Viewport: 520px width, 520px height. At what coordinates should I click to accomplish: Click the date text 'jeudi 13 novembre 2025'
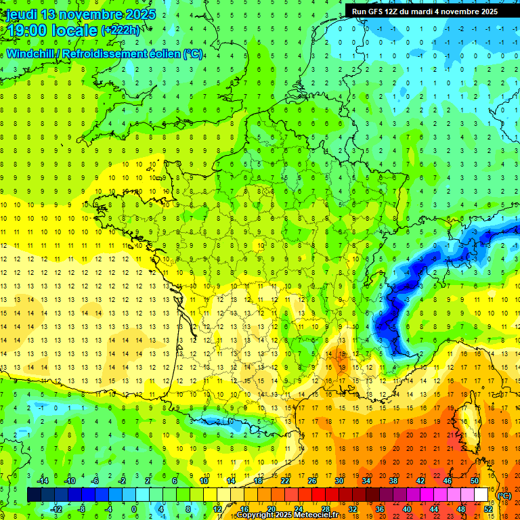[80, 14]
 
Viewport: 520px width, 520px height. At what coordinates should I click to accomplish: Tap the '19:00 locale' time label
[51, 30]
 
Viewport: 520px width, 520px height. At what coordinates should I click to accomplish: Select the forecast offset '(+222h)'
[122, 30]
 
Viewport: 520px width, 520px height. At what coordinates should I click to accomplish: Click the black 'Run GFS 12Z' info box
[425, 12]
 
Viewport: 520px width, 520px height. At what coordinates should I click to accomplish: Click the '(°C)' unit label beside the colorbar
[504, 496]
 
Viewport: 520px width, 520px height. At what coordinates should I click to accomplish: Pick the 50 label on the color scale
[474, 481]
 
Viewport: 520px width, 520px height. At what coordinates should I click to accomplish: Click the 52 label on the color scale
[487, 508]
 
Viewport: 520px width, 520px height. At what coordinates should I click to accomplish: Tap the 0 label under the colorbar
[133, 508]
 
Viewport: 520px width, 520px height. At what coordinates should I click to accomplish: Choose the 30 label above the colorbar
[339, 481]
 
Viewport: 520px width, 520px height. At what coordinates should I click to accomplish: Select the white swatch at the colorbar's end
[481, 495]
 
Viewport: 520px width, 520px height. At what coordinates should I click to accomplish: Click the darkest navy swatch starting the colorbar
[34, 495]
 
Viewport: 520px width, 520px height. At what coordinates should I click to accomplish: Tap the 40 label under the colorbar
[406, 508]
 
